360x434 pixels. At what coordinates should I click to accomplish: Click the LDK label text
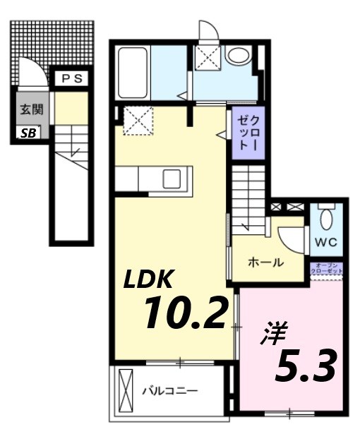coord(149,280)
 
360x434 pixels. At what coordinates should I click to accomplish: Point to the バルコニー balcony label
coord(169,390)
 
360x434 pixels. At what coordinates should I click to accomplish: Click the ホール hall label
coord(265,263)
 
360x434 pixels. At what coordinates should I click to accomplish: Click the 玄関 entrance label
coord(30,110)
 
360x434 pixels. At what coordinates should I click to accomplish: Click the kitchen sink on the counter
coord(172,179)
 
